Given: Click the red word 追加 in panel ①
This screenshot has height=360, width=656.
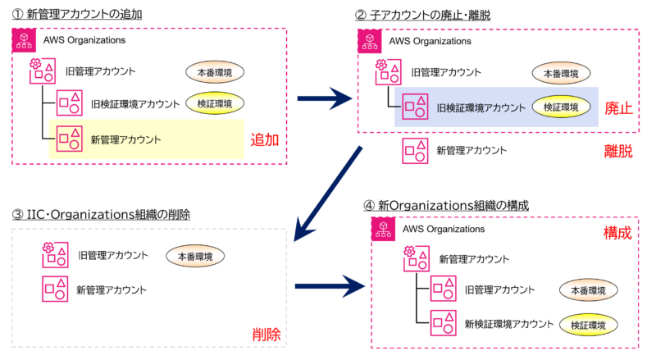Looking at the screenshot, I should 265,140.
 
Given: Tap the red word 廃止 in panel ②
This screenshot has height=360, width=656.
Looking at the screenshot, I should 619,107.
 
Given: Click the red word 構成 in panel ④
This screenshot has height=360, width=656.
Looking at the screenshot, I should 617,233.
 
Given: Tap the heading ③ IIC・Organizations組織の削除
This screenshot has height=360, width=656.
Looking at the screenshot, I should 101,215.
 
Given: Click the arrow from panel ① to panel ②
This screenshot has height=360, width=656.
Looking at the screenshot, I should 323,101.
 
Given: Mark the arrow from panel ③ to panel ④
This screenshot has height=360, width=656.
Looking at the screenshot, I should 328,286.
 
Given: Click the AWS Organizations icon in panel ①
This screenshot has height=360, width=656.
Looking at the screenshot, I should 24,41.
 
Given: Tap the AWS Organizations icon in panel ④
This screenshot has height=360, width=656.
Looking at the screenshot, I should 384,230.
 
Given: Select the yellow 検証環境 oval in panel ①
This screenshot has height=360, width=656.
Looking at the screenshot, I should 216,103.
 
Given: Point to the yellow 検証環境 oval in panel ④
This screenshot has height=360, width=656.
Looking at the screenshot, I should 588,326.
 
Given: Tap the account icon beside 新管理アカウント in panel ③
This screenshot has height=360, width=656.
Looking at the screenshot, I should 56,289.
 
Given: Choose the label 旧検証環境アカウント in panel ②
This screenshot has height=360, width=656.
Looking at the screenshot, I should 480,107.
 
